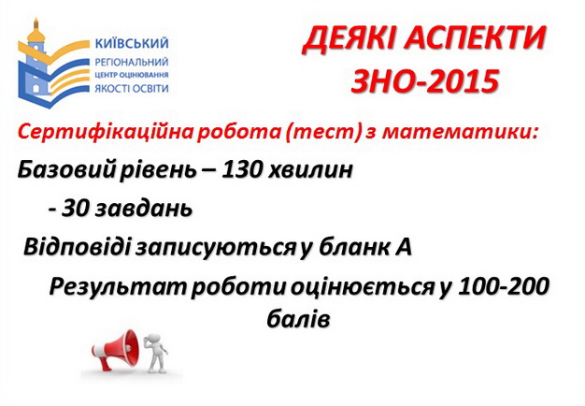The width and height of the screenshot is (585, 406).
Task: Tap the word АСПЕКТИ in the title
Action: (476, 38)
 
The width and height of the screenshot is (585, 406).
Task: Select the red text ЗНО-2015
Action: (424, 81)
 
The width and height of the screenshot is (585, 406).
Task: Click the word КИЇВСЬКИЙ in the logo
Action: (132, 43)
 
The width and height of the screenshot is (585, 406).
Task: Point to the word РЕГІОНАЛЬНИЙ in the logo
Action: (132, 62)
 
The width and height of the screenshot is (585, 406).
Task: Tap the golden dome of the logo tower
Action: (36, 34)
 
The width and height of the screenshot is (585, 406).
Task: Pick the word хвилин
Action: (310, 170)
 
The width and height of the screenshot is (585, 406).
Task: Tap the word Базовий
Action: (66, 170)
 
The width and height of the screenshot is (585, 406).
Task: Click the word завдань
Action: (143, 209)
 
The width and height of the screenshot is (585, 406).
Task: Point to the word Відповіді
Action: (78, 247)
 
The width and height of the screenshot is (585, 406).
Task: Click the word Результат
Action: (118, 287)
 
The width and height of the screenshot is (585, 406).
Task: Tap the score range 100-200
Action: (504, 286)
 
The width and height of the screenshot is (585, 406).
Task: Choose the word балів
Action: (298, 319)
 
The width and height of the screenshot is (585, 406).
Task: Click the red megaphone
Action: (117, 349)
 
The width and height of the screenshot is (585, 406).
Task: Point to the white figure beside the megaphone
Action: (156, 353)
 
